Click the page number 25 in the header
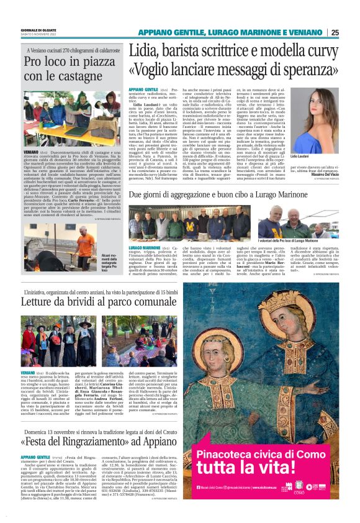335,32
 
